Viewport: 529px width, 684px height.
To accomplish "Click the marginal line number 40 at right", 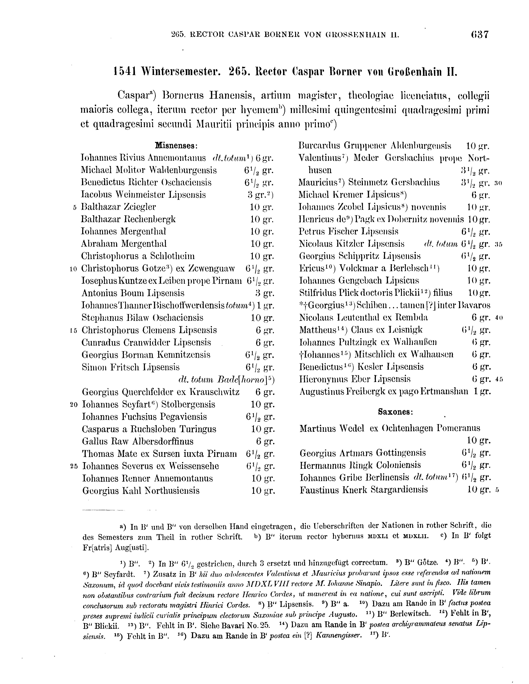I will [x=499, y=318].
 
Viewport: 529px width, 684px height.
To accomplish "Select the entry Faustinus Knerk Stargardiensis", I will [x=363, y=490].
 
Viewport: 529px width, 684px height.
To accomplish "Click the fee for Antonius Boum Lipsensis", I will [x=265, y=293].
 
